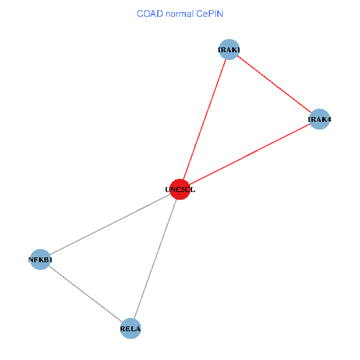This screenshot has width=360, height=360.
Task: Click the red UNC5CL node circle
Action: tap(180, 190)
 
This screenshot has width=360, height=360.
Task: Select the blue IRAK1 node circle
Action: tap(229, 49)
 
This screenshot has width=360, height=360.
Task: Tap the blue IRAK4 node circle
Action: tap(319, 119)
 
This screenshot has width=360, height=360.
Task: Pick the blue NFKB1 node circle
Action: tap(40, 259)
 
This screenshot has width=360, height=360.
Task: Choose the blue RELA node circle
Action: tap(131, 329)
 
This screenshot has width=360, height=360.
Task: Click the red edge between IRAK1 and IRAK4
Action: tap(274, 84)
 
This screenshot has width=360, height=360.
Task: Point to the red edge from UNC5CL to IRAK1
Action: tap(205, 119)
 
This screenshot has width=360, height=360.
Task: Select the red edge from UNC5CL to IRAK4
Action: tap(250, 154)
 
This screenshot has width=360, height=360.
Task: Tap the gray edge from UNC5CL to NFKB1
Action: tap(110, 224)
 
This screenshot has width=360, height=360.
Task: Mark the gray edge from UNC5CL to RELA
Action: tap(155, 259)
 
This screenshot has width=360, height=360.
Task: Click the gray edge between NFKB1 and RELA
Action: tap(85, 294)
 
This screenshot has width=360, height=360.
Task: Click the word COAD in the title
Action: tap(150, 14)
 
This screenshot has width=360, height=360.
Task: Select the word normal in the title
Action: tap(180, 14)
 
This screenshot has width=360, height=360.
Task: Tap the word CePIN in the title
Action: tap(210, 14)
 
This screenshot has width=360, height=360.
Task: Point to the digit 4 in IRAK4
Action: tap(329, 119)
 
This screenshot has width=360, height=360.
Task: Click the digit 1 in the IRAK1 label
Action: tap(238, 50)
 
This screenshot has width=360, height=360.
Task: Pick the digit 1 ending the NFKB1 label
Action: tap(50, 260)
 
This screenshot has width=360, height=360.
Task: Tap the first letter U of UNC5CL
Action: tap(167, 190)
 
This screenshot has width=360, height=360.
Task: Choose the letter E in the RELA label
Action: tap(128, 329)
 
